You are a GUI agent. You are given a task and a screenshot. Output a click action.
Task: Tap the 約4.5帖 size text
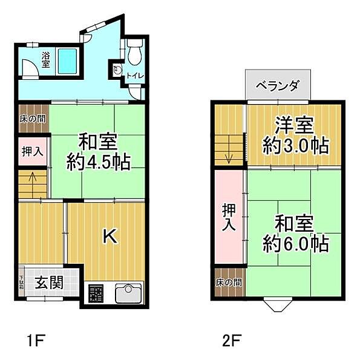tap(98, 163)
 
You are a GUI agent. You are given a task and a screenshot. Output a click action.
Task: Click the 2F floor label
tap(230, 339)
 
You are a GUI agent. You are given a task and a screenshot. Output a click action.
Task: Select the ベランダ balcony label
tap(277, 85)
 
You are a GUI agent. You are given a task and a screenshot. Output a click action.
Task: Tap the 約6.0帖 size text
tap(296, 244)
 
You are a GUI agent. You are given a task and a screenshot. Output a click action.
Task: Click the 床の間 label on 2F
tap(229, 283)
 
